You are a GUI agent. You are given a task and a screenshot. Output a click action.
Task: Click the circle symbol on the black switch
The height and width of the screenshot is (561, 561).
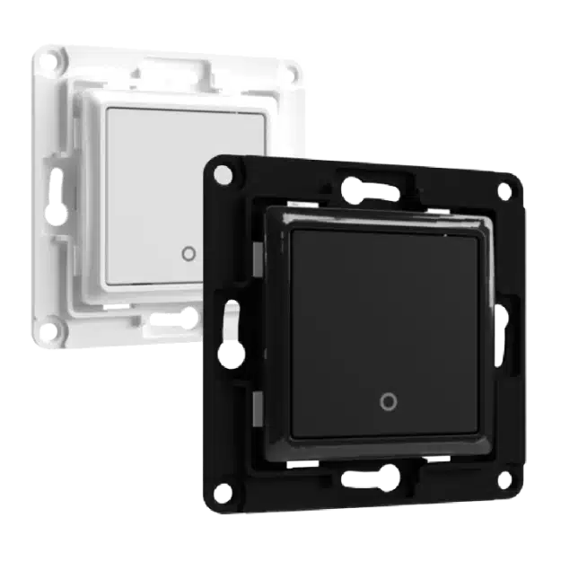tap(388, 401)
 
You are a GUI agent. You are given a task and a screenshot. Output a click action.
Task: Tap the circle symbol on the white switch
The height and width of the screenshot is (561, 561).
tap(187, 253)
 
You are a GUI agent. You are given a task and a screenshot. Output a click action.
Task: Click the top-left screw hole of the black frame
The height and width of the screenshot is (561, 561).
tap(216, 168)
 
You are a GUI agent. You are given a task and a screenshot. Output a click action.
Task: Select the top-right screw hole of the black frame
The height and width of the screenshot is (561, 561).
tap(504, 190)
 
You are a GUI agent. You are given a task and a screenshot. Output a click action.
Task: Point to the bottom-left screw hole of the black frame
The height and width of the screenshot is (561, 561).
tap(226, 490)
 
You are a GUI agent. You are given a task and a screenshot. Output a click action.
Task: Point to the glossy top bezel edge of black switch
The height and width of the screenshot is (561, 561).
tap(377, 216)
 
